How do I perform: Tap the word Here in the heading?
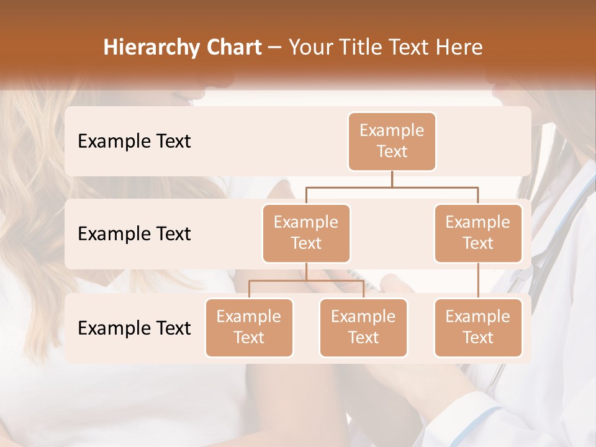[x=459, y=48]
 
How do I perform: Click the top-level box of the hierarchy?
[x=392, y=141]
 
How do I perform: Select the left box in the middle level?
[x=306, y=233]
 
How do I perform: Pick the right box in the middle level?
[x=478, y=233]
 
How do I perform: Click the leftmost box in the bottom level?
[x=249, y=327]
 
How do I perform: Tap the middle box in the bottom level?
[x=363, y=327]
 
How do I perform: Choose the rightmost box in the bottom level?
[x=478, y=327]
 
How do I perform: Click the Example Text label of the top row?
[x=134, y=141]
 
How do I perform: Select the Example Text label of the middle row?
[x=134, y=233]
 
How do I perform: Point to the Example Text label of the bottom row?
[x=134, y=328]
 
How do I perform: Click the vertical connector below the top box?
[x=392, y=179]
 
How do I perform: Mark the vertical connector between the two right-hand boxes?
[x=478, y=280]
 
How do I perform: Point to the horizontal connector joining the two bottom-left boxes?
[x=306, y=281]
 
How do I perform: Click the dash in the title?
[x=275, y=48]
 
